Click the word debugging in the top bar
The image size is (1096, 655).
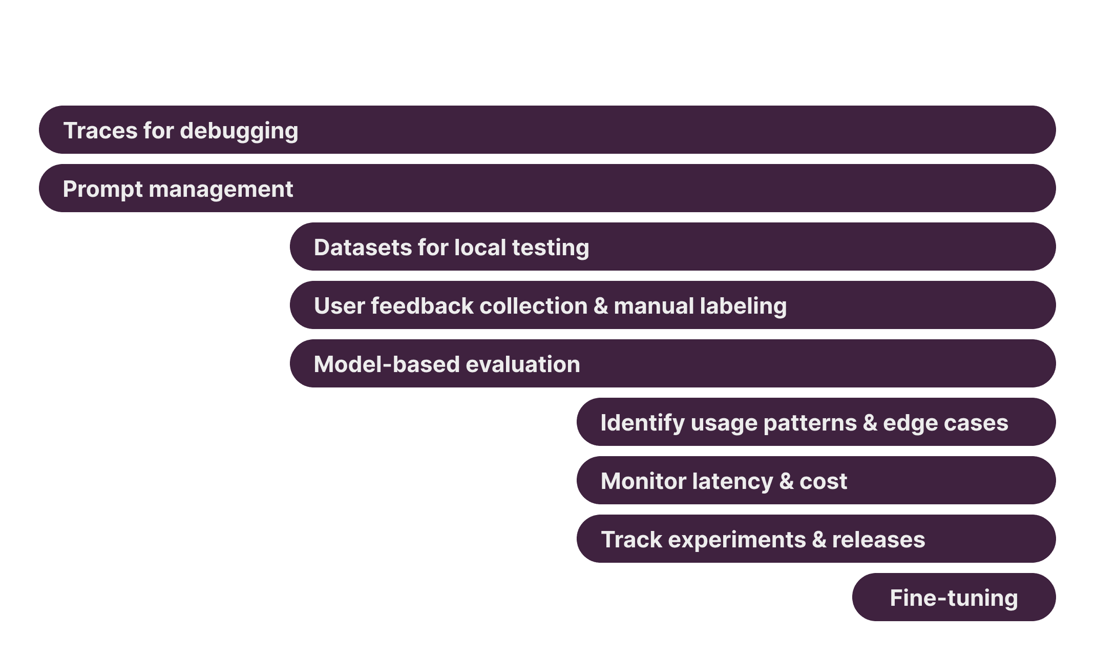(239, 131)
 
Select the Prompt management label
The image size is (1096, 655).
(178, 189)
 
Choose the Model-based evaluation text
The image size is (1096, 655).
(447, 364)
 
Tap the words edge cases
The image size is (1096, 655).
(945, 423)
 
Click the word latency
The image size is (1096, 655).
(732, 481)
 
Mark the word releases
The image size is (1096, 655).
(878, 540)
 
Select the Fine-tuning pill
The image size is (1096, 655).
(954, 598)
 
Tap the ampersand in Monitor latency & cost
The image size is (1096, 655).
(786, 481)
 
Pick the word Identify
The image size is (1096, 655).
(642, 423)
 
